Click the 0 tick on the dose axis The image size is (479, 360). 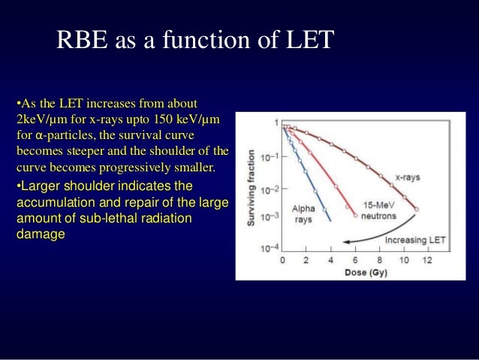[x=282, y=259]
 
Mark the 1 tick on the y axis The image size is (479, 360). [x=275, y=123]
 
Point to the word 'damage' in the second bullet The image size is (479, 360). [x=40, y=234]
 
